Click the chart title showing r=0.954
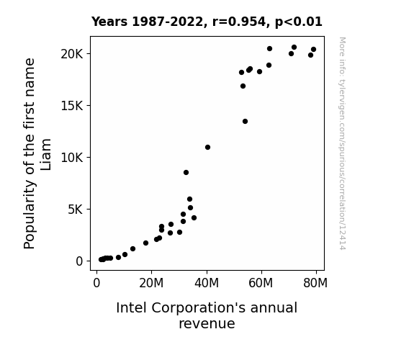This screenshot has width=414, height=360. [207, 22]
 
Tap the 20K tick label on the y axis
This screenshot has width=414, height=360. [72, 54]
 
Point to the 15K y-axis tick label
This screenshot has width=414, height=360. [72, 106]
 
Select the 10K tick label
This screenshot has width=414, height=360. [72, 158]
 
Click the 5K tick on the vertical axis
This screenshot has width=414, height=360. [76, 210]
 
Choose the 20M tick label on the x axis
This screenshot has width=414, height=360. [151, 283]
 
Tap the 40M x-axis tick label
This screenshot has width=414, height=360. [207, 283]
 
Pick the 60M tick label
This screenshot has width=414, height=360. [261, 283]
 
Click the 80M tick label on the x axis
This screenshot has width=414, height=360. [315, 283]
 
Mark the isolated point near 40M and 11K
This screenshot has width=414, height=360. [208, 147]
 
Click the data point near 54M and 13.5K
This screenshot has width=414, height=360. [245, 121]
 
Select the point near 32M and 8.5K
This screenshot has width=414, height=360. [186, 173]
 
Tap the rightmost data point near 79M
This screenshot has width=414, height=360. [313, 50]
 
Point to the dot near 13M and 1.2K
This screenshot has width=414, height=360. [132, 249]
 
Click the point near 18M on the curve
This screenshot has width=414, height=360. [145, 243]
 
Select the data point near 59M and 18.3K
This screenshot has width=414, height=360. [259, 71]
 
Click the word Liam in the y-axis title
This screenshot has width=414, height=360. [45, 155]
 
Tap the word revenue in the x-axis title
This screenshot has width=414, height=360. [207, 324]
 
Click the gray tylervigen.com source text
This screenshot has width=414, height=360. [342, 143]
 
